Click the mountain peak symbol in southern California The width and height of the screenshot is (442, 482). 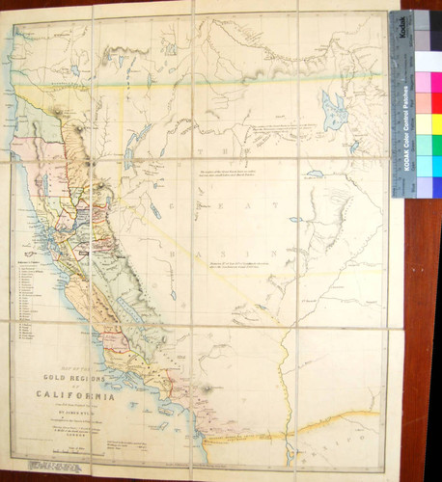click(206, 390)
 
